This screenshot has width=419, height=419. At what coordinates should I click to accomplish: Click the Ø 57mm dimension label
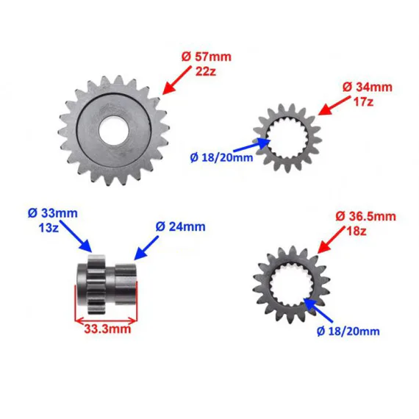207,57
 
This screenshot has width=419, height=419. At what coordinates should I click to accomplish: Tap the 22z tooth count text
206,71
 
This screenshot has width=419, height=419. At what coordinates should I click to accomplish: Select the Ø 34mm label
368,87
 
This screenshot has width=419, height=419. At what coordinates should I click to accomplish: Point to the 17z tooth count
363,101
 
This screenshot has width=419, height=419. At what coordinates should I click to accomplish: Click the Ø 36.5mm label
365,216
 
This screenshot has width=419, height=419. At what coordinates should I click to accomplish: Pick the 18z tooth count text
357,231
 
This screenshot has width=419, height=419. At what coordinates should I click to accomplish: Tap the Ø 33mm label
53,213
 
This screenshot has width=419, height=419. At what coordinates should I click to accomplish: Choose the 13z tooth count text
49,228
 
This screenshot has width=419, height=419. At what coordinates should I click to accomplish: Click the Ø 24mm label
180,226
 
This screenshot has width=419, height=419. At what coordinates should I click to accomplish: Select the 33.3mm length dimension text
107,329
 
